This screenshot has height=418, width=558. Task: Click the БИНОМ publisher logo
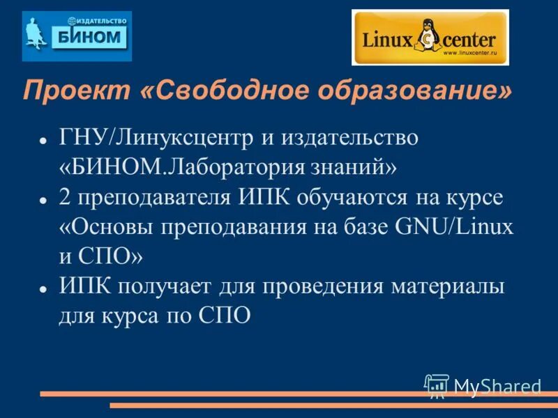[x=77, y=36]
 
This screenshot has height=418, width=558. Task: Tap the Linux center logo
[x=430, y=38]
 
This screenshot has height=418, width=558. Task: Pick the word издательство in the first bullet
[x=349, y=138]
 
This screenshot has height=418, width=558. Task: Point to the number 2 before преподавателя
[x=65, y=198]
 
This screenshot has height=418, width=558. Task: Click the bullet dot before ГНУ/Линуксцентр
[x=43, y=139]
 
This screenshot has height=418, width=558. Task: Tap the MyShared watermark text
[x=497, y=386]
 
